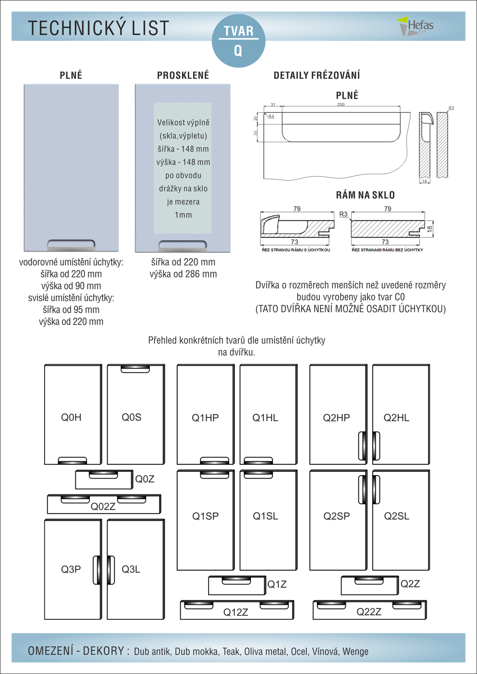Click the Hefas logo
pos(416,26)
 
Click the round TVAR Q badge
pos(239,41)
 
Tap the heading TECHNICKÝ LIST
pos(98,28)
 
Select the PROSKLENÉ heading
pos(183,75)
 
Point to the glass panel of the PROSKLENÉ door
pos(183,168)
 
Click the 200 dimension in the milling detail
pos(341,104)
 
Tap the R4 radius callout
pos(271,116)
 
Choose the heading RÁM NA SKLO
pos(365,195)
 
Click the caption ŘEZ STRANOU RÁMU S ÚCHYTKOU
pos(296,250)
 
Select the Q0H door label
pos(71,418)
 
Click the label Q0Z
pos(145,479)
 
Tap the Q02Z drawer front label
pos(103,506)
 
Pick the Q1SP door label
pos(205,516)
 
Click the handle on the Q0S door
pos(135,369)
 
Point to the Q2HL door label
pos(396,418)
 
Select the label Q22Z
pos(369,612)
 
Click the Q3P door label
pos(71,569)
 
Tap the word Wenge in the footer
pos(355,651)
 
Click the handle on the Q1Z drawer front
pos(236,581)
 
